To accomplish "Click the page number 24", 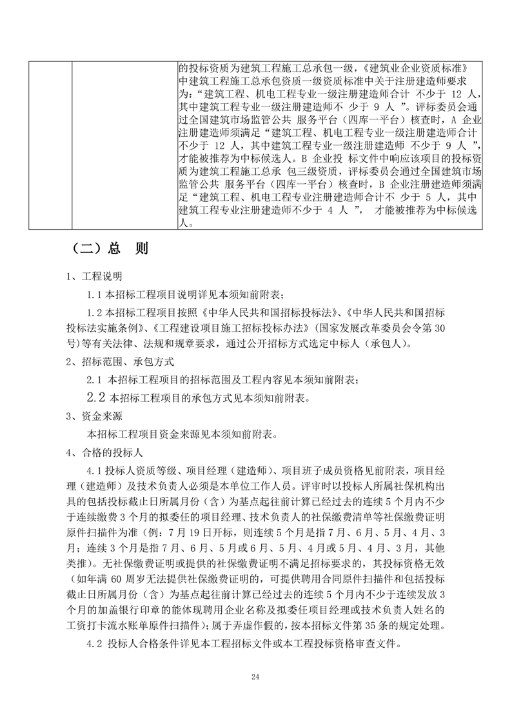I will coord(255,676).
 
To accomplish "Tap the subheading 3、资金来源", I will coord(94,416).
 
